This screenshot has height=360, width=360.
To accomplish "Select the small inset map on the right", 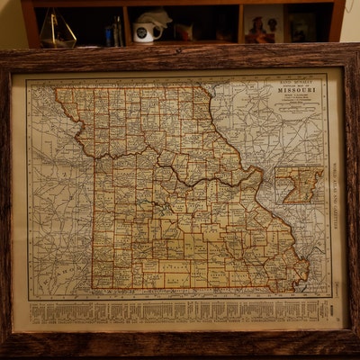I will coord(299,184).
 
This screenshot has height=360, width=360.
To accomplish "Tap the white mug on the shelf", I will coord(146,33).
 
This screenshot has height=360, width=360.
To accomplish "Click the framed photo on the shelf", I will coord(265,24).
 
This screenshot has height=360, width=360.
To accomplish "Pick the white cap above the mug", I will coord(153,16).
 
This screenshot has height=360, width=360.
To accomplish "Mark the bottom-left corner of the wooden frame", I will coord(5,351).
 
